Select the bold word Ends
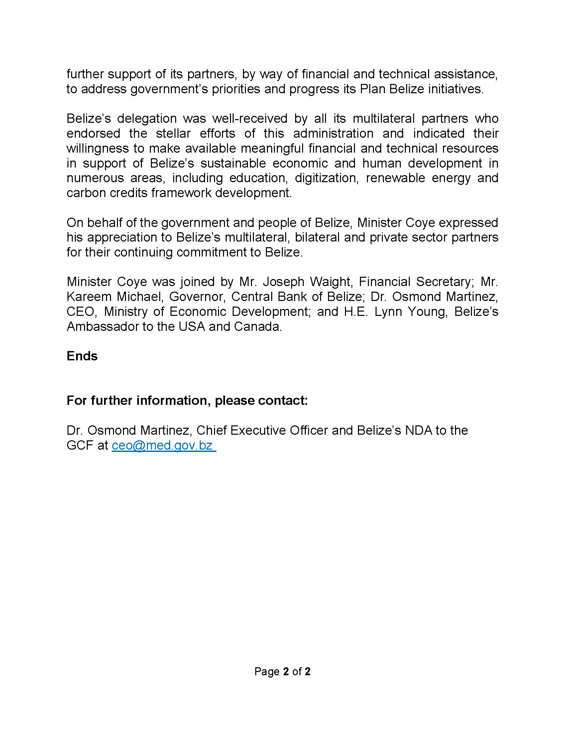point(82,356)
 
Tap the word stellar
point(173,133)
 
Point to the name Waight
point(330,282)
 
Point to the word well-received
point(250,118)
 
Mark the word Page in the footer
point(267,672)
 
